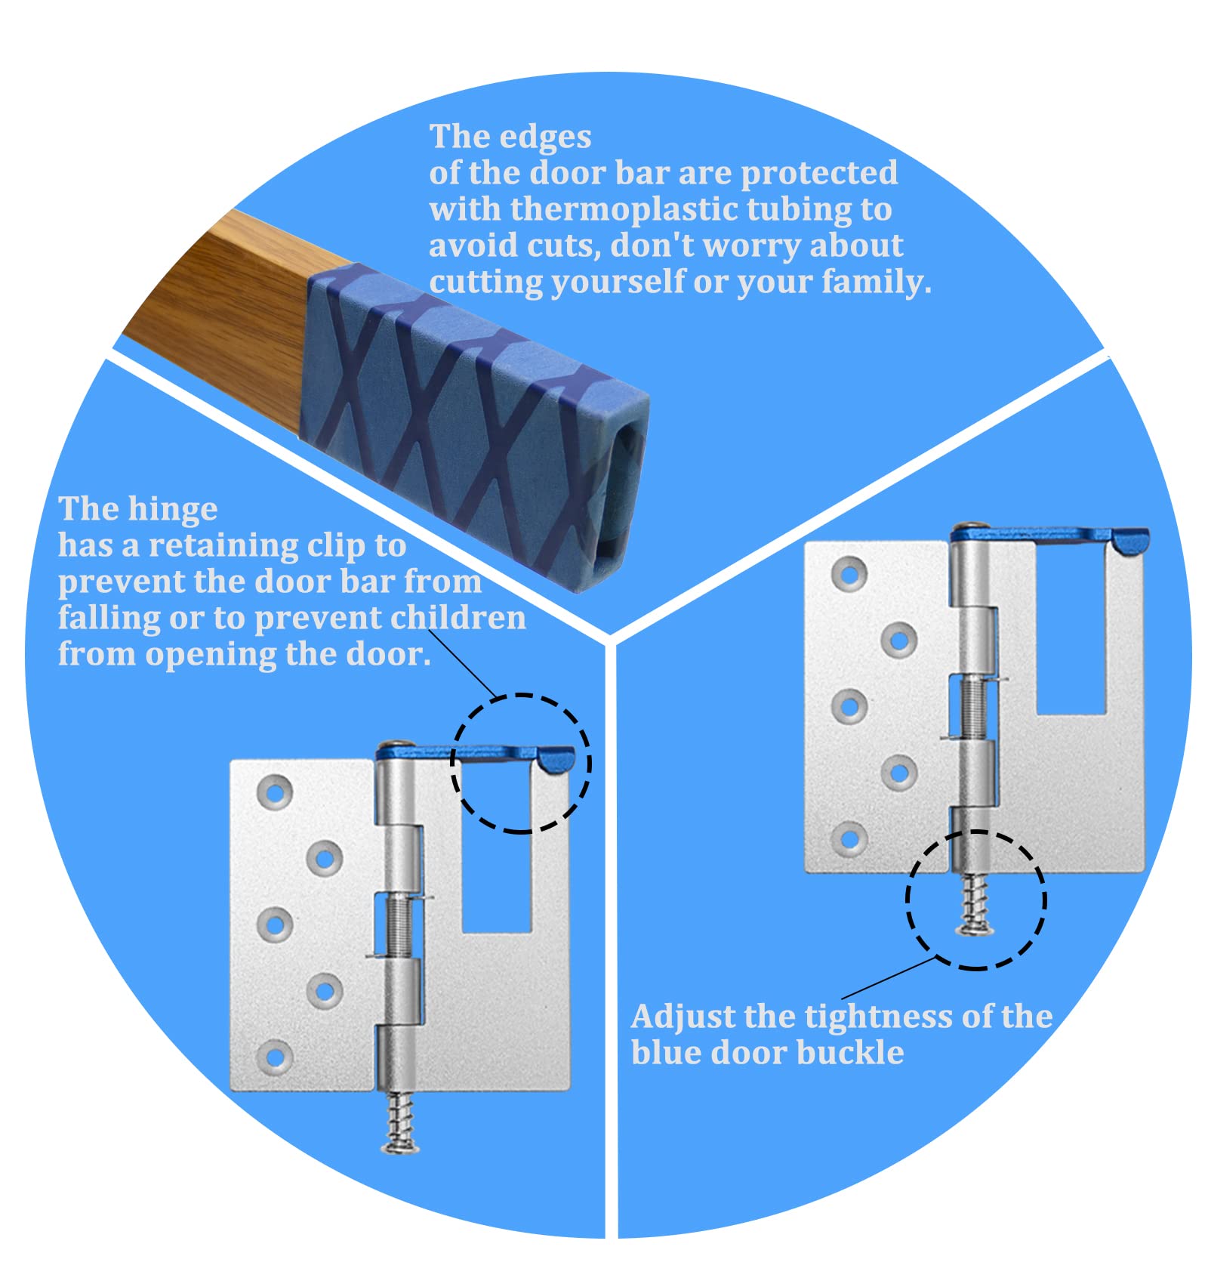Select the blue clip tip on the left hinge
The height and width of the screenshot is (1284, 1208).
557,758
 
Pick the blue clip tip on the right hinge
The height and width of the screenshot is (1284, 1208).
1131,541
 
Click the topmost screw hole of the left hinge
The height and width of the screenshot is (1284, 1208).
276,792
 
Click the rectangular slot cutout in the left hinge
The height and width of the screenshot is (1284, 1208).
496,869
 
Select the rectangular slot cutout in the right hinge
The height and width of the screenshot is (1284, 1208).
1071,642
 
